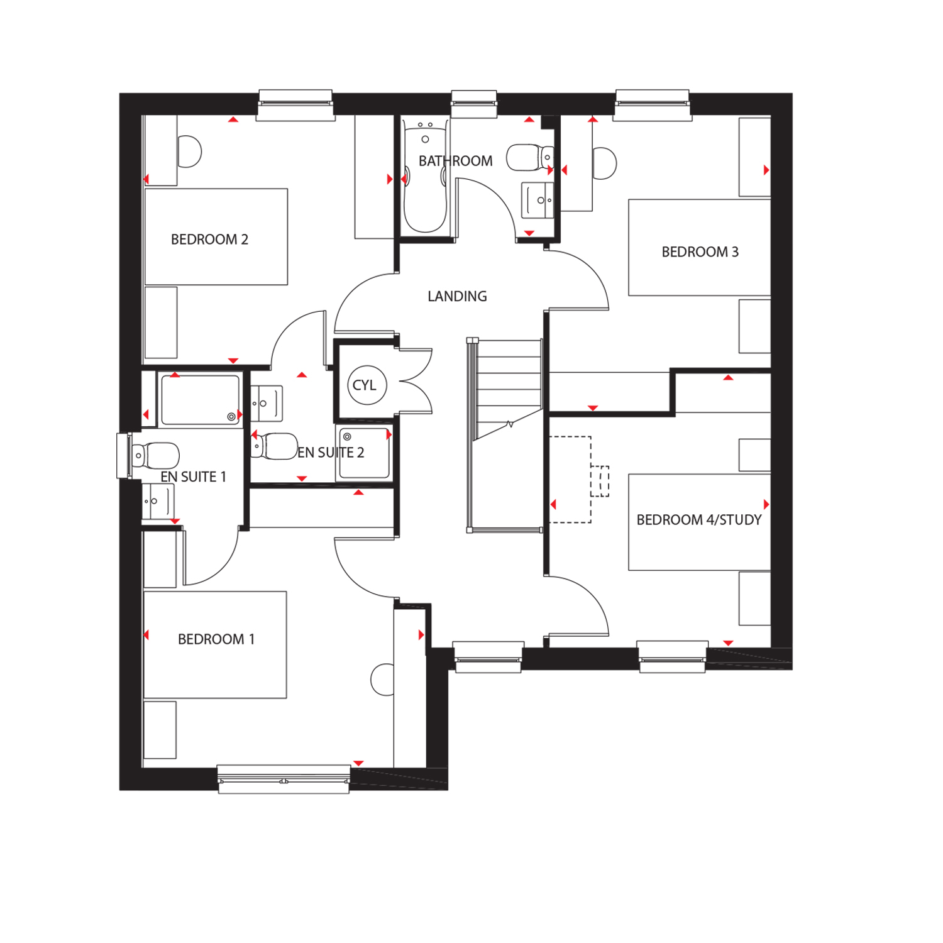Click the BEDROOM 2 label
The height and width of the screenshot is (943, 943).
[209, 240]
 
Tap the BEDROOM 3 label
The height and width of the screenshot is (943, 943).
[700, 252]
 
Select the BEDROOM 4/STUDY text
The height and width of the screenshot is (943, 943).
[699, 520]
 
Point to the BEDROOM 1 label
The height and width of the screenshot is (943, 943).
[216, 639]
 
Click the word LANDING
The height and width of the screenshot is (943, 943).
[457, 296]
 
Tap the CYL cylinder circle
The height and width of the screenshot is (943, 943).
[367, 385]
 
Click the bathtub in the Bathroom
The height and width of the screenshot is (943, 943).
[426, 175]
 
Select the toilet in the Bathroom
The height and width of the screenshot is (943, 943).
[529, 158]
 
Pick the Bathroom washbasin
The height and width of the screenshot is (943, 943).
[538, 200]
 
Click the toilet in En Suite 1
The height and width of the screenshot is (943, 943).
[155, 456]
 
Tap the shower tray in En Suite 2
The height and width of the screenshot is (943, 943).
[364, 454]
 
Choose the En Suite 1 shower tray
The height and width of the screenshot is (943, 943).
[200, 400]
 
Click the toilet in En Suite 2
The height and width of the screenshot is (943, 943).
[274, 446]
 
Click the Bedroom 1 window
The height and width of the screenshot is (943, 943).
[284, 779]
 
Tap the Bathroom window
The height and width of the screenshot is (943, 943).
[475, 104]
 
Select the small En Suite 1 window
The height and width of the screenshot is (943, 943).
[124, 456]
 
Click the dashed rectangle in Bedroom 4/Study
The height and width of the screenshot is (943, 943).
[570, 480]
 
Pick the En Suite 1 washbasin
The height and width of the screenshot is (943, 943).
[158, 501]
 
